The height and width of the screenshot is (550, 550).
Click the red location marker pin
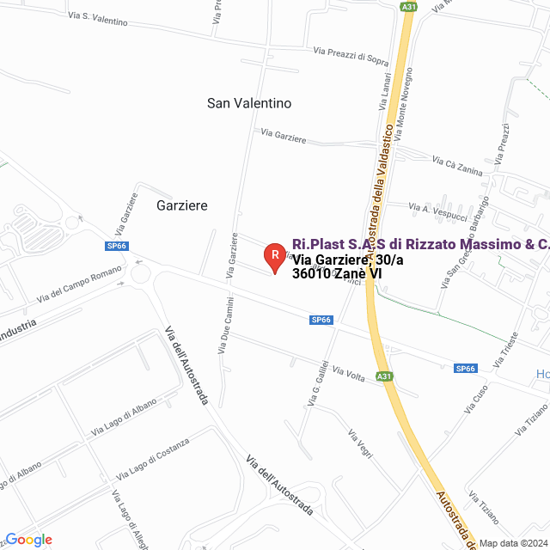tap(274, 256)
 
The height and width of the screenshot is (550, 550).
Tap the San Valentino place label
tap(249, 103)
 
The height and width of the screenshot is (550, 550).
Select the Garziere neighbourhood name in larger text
tap(182, 205)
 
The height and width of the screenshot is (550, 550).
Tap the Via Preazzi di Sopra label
tap(351, 56)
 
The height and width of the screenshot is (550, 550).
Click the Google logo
tap(28, 540)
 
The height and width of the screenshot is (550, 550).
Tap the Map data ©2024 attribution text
tap(512, 542)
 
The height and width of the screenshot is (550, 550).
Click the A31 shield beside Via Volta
tap(384, 376)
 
